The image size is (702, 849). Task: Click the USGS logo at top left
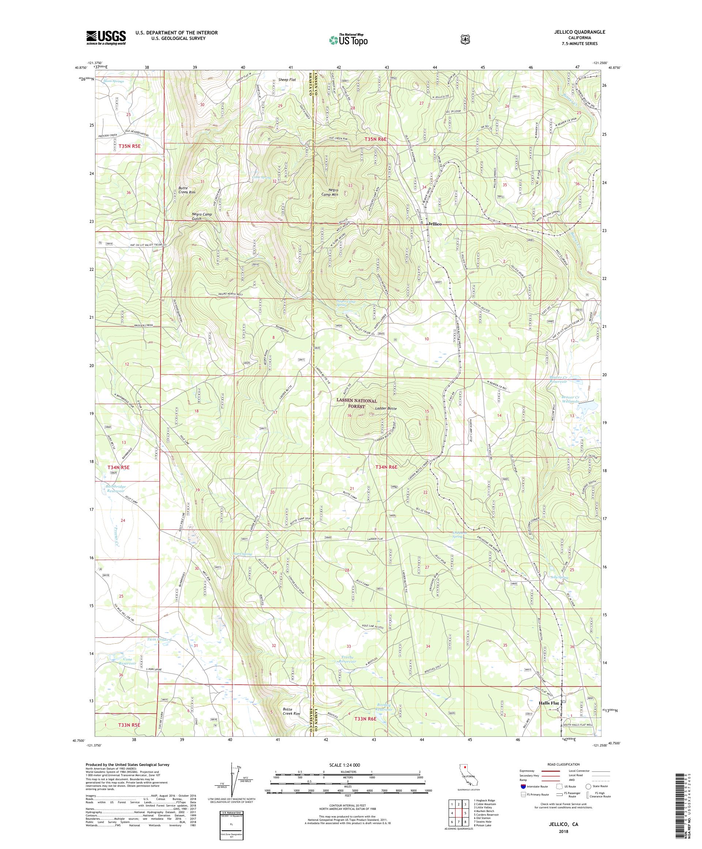106,38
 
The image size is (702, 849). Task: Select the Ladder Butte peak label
386,409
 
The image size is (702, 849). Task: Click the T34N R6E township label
386,467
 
